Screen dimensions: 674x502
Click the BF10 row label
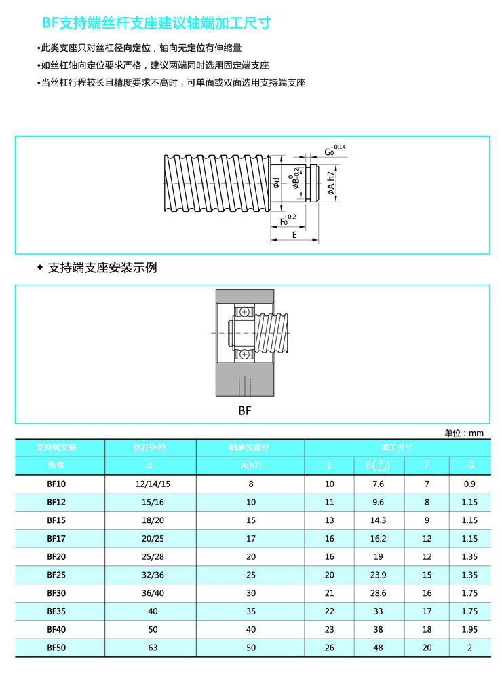(x=56, y=484)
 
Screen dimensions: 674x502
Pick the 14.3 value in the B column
(x=378, y=520)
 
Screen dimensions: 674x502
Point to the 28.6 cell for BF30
(x=378, y=593)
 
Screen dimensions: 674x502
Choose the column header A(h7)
(x=251, y=465)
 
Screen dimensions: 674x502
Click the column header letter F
(x=427, y=465)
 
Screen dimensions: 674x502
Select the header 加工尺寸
(x=396, y=447)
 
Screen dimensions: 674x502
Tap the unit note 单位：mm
(x=464, y=433)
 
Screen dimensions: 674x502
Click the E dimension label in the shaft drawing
(x=294, y=234)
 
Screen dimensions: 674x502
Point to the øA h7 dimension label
(x=331, y=183)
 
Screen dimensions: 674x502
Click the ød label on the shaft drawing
(x=276, y=183)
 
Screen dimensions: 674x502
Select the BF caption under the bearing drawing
(x=245, y=410)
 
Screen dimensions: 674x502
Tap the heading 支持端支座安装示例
(x=102, y=268)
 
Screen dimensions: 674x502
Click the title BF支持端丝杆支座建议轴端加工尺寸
(x=157, y=23)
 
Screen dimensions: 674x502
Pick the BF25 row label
(x=56, y=575)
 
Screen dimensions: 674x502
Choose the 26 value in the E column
(x=330, y=648)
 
